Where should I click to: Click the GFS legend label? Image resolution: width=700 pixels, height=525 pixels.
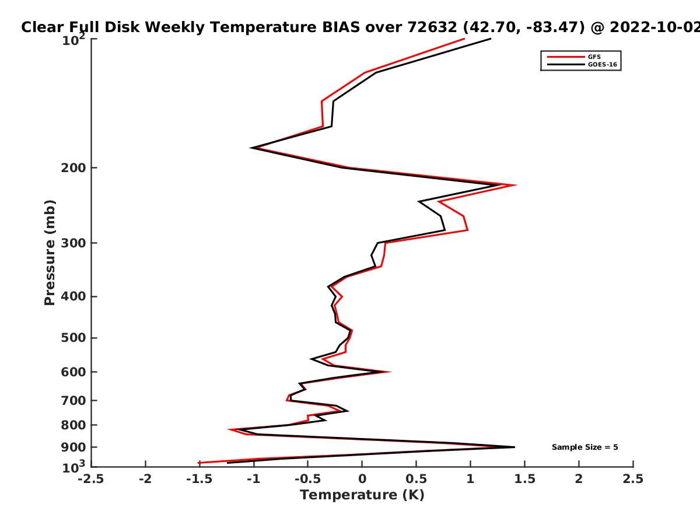coord(594,57)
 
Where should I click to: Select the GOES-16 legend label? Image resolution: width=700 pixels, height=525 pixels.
coord(603,64)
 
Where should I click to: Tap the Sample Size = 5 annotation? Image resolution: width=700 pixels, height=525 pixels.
coord(585,447)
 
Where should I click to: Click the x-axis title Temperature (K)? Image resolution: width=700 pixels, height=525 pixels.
coord(362,495)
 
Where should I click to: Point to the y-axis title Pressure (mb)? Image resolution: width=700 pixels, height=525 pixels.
coord(50,253)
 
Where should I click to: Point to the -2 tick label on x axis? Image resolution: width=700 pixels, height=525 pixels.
coord(145,479)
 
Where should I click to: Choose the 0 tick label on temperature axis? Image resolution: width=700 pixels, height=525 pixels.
coord(362,479)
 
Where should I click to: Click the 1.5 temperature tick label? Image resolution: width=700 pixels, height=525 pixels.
coord(524,479)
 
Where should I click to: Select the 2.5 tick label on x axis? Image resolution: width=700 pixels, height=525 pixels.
coord(633,479)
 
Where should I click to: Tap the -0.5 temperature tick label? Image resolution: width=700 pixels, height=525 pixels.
coord(308,479)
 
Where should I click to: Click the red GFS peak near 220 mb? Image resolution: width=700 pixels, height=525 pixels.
coord(515,185)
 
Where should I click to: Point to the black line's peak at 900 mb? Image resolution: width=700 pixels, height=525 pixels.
coord(514,447)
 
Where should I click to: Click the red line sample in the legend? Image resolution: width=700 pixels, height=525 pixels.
coord(566,57)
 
